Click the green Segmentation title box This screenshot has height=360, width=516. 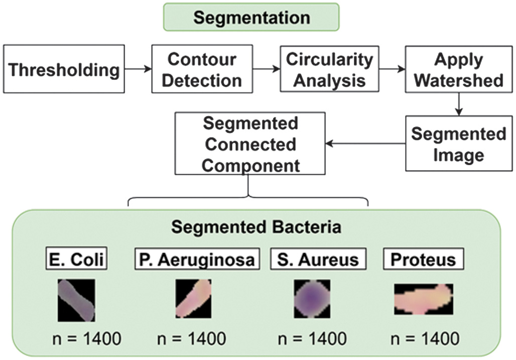251,18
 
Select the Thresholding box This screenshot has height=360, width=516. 64,69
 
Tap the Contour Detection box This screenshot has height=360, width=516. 202,69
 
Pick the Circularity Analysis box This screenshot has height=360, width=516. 329,69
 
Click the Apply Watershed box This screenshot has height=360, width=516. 458,69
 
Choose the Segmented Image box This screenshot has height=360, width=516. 458,144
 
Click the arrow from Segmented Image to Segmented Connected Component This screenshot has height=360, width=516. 365,144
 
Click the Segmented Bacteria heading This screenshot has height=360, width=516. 256,227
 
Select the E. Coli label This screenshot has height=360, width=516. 77,260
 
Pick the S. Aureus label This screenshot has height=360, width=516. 318,260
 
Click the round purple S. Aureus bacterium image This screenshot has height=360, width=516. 312,299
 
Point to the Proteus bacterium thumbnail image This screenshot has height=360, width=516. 423,299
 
